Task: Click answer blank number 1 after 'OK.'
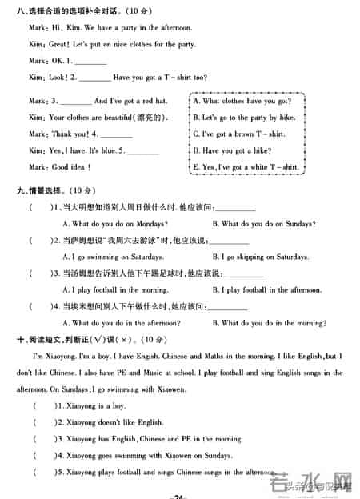[x=90, y=62]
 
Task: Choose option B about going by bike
[x=244, y=118]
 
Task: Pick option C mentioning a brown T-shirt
[x=238, y=134]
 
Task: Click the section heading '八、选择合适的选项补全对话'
[x=72, y=10]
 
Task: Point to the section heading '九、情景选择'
[x=42, y=190]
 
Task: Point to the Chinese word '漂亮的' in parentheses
[x=152, y=118]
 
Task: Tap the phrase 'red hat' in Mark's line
[x=153, y=102]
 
